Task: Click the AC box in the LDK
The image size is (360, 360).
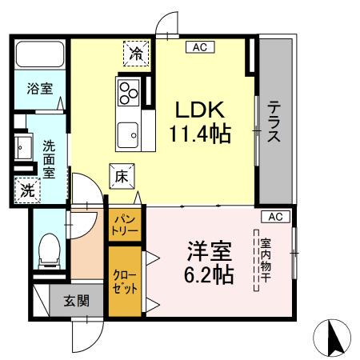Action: [x=198, y=48]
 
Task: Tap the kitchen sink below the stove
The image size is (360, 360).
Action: [x=129, y=133]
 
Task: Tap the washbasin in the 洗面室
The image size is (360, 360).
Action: [x=22, y=148]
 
